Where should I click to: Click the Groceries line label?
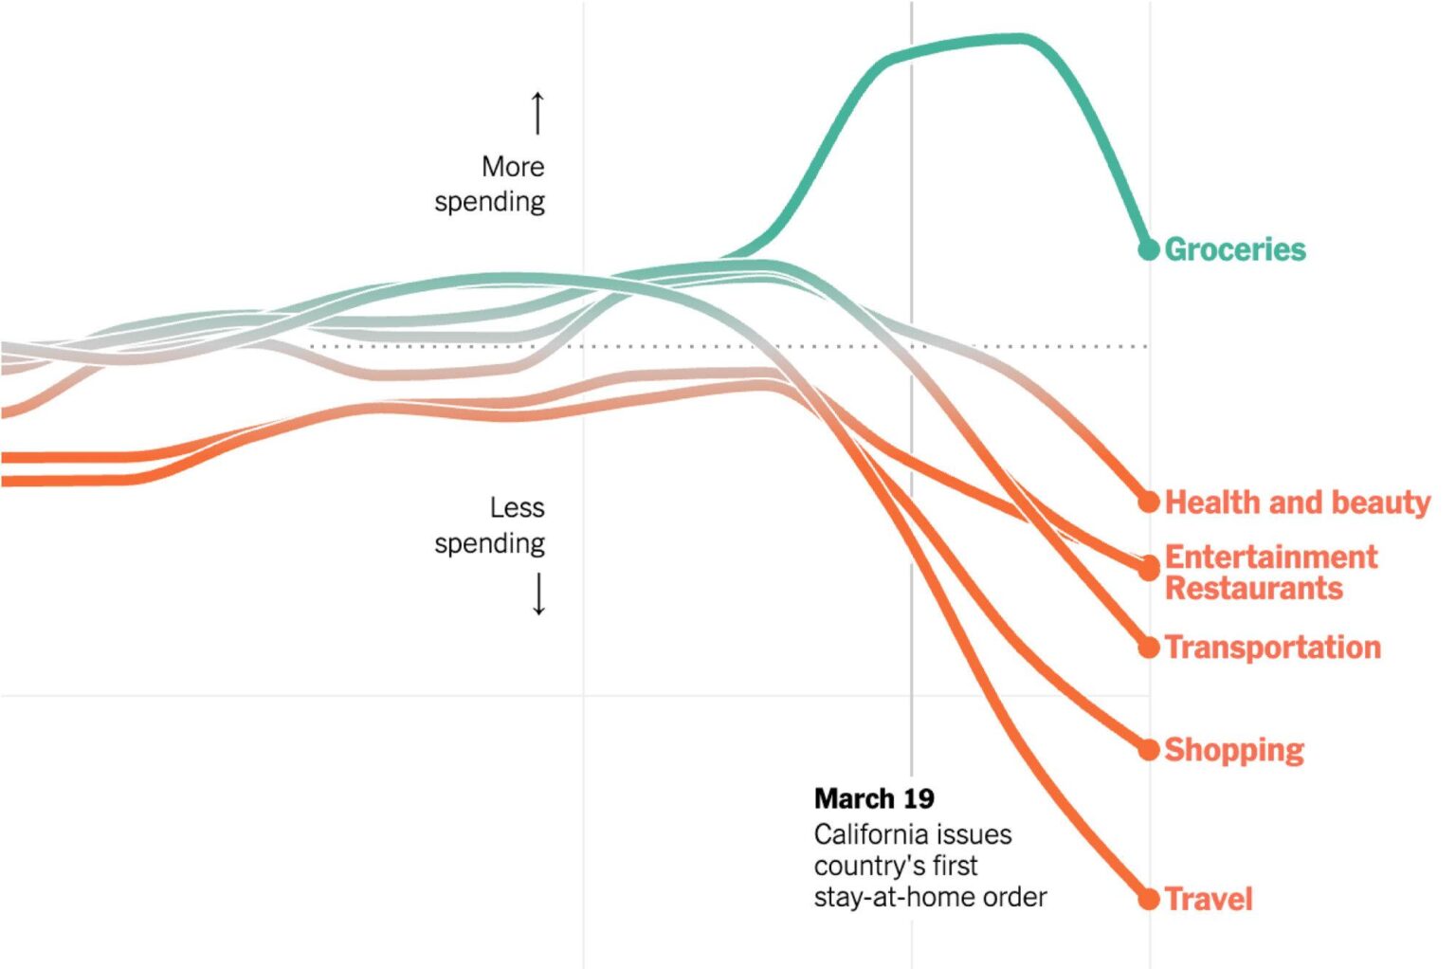pos(1234,249)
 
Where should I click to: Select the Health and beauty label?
pos(1297,502)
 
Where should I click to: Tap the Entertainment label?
pos(1270,557)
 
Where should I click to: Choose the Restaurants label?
pos(1253,589)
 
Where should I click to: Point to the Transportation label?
pos(1272,648)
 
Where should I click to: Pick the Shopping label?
pos(1233,750)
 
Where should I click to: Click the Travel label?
pos(1208,899)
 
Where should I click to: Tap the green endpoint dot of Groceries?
pos(1149,249)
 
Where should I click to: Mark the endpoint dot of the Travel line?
pos(1149,899)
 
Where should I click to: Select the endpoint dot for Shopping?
pos(1149,750)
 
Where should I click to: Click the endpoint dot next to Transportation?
pos(1149,648)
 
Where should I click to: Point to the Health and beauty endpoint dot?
pos(1149,502)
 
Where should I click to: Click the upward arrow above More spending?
pos(537,113)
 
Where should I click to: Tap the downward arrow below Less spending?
pos(538,594)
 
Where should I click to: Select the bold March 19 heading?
pos(873,798)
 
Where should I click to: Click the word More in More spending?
pos(513,167)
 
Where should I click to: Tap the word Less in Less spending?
pos(517,508)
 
